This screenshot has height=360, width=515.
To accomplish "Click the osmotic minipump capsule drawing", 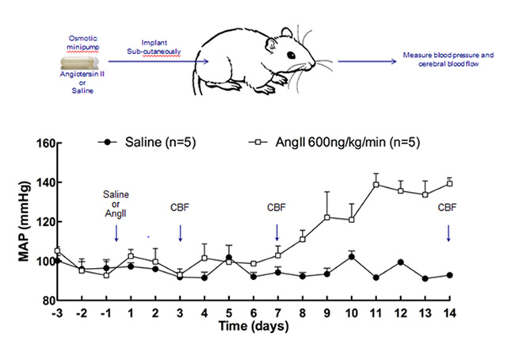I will click(84, 59).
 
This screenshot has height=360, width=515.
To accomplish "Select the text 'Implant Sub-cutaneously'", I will click(155, 47).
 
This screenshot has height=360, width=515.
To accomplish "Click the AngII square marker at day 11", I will click(376, 185).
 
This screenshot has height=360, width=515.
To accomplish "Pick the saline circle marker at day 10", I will click(351, 256).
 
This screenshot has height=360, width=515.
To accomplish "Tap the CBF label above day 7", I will click(277, 209).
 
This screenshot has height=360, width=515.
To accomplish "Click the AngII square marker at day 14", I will click(448, 184).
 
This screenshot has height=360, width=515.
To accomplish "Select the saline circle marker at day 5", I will click(228, 257).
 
